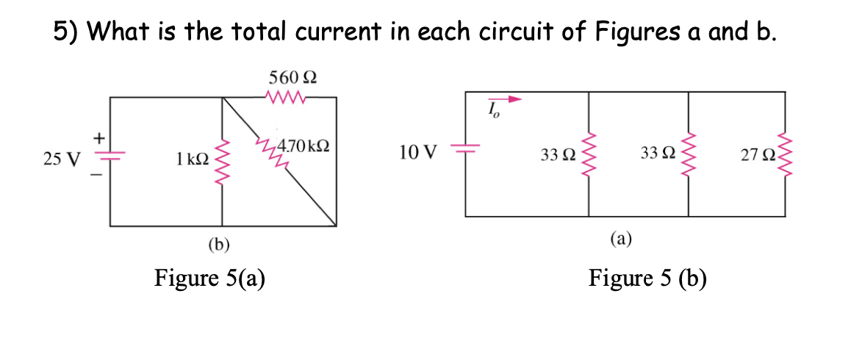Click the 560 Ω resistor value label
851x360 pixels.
coord(293,77)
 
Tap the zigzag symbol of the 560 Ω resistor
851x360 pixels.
coord(288,96)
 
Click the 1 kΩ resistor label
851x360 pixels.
coord(192,157)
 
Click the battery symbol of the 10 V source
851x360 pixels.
coord(465,150)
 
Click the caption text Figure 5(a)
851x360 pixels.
coord(210,278)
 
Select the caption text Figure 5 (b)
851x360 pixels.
coord(647,278)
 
